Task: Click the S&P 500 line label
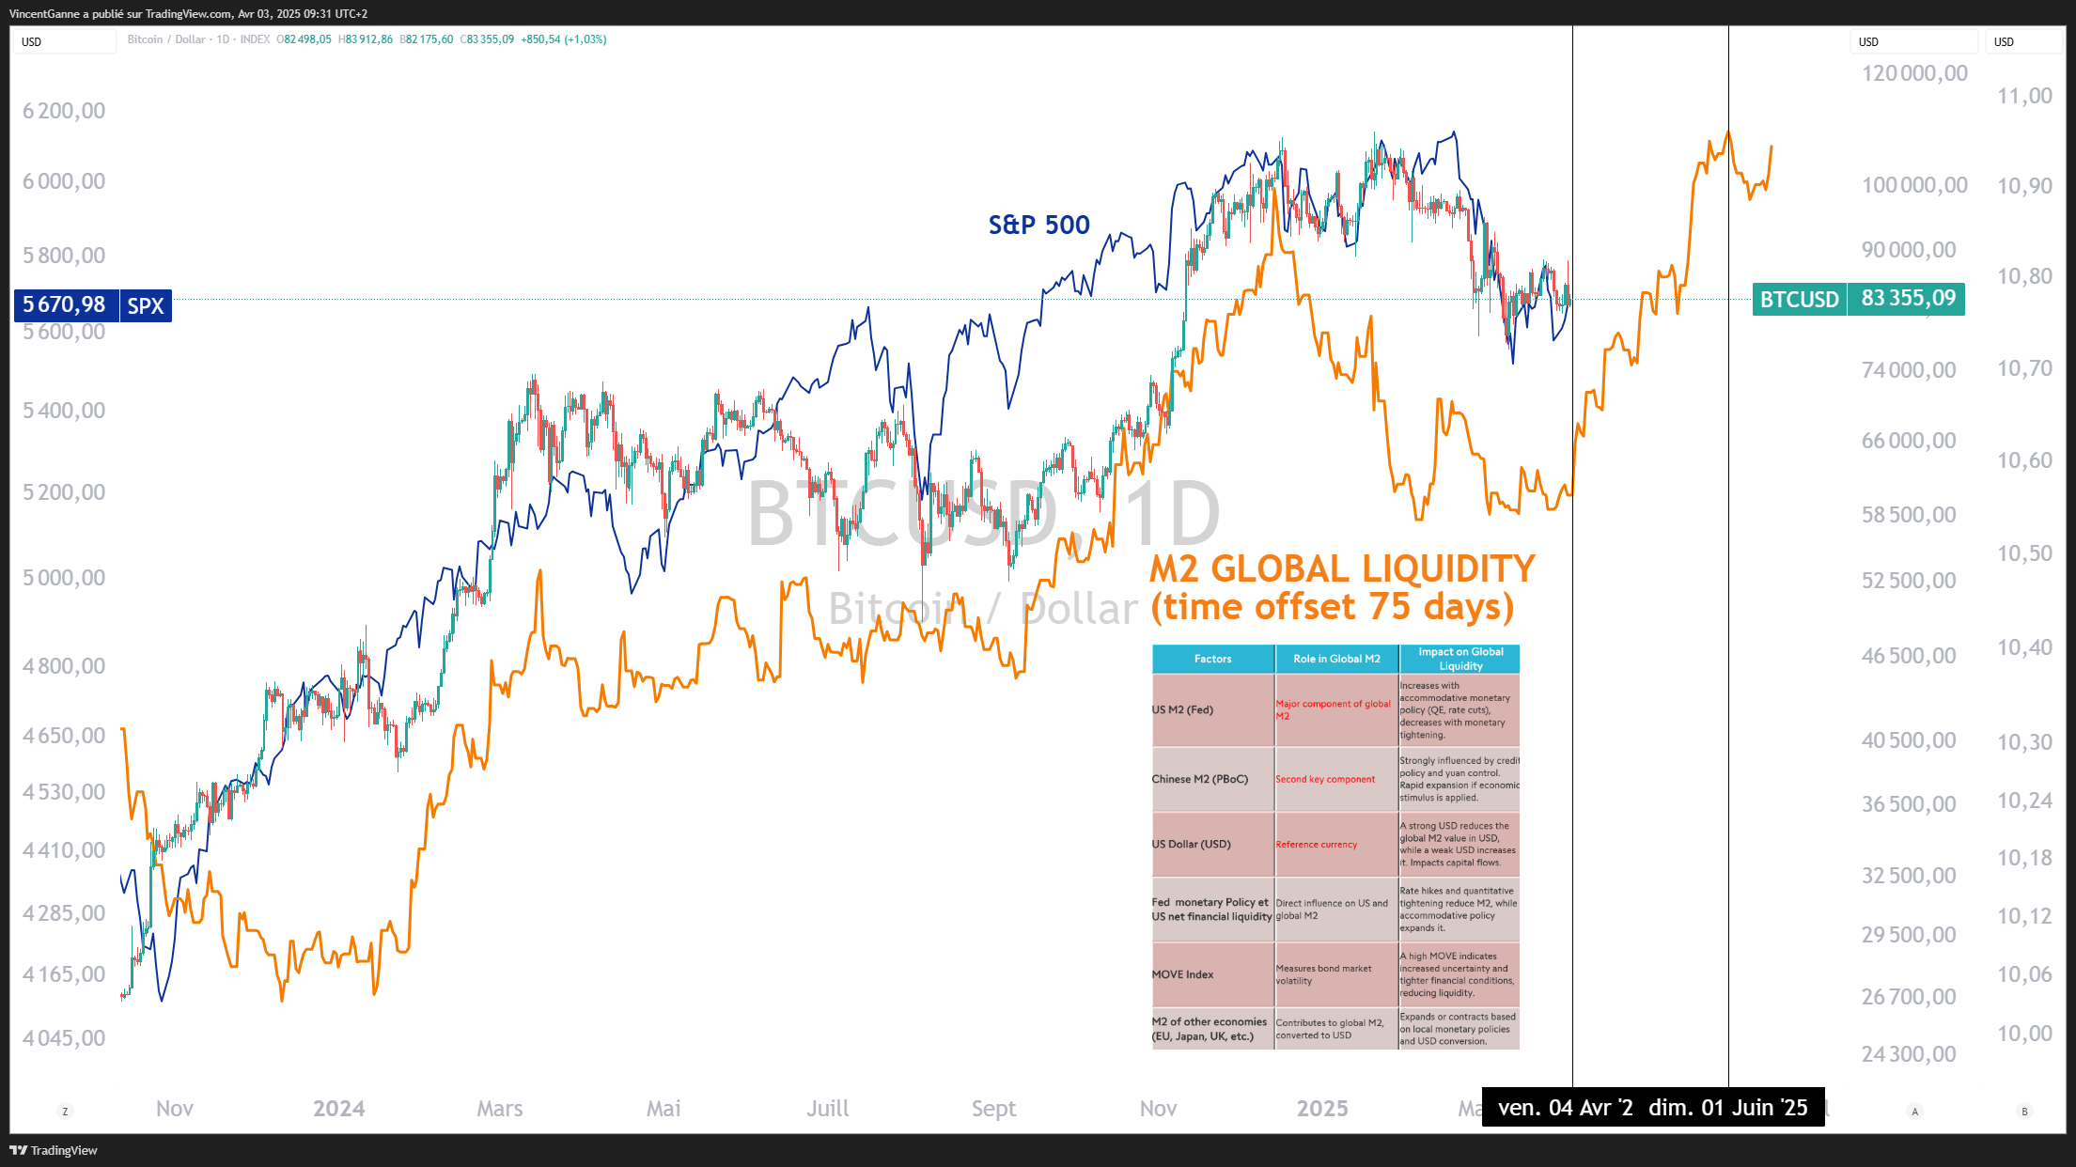click(1038, 225)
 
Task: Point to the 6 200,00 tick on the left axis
click(64, 111)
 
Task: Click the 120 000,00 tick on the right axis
click(1914, 73)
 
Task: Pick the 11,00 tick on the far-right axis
click(2024, 96)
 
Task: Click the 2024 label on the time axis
click(338, 1109)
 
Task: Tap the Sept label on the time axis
click(993, 1109)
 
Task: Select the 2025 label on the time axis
click(1322, 1109)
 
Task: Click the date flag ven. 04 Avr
click(1565, 1108)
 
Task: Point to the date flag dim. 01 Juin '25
click(1728, 1108)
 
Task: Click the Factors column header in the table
click(1212, 659)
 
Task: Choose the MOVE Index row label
click(1182, 974)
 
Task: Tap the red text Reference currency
click(1316, 845)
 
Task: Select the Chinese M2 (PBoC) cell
click(1200, 779)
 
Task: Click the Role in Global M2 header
click(1336, 659)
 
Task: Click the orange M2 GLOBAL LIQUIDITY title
click(1341, 569)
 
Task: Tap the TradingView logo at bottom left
click(54, 1150)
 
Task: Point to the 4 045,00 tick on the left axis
click(64, 1038)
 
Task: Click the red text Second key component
click(1325, 779)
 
